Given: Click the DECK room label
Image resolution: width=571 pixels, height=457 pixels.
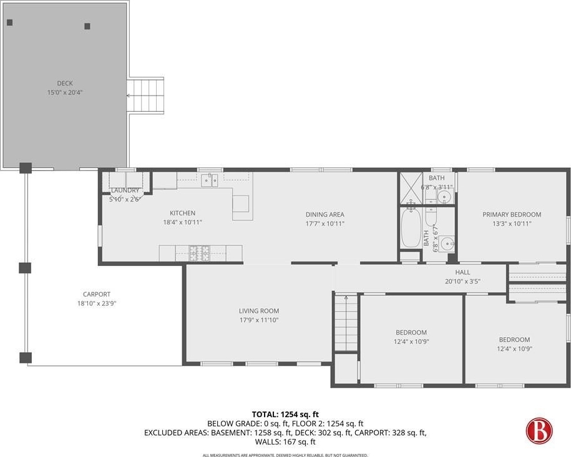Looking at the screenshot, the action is coord(65,83).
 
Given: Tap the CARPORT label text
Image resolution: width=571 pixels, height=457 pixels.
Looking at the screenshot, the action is coord(97,294).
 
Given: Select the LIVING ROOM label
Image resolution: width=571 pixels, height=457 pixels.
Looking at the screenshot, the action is coord(259,311).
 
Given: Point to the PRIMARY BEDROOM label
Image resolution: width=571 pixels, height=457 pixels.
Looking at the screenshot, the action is coord(512,215).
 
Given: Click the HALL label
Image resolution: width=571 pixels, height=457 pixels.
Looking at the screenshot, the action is coord(462,272).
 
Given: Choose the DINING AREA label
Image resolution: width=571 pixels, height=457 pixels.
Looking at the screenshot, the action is coord(325,215).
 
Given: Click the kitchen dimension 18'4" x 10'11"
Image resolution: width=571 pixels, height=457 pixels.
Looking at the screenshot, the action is coord(182,222).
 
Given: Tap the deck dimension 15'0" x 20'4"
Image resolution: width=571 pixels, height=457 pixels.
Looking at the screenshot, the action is coord(65,92).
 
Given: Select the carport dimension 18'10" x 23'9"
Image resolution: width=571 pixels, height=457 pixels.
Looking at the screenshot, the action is coord(97,303).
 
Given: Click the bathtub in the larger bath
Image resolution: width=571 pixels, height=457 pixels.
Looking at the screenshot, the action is coord(411,228).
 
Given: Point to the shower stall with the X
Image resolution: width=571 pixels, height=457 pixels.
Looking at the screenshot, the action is coord(411,189).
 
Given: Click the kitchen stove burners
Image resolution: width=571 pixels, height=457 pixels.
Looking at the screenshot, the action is coord(199,253).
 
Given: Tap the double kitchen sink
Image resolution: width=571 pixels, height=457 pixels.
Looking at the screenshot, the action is coord(210,180).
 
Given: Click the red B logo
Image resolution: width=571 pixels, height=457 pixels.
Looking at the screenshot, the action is coord(539,431).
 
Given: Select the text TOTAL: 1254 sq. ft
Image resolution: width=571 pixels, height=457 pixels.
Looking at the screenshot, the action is coord(285,415).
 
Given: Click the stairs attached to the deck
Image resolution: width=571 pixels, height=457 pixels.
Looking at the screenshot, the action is coord(145,96).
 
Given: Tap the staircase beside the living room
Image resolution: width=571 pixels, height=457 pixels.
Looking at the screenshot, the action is coord(346,323).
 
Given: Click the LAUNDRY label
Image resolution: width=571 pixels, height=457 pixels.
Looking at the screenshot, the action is coord(125,190).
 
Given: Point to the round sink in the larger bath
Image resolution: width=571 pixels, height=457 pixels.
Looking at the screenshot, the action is coord(446,243).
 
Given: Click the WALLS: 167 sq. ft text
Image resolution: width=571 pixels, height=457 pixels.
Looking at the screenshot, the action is coord(285,442).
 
